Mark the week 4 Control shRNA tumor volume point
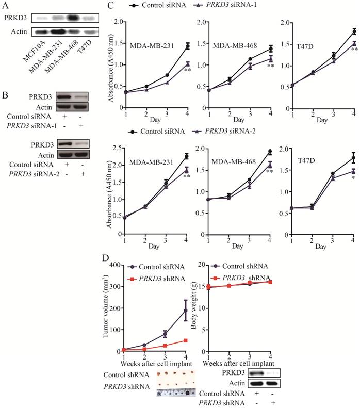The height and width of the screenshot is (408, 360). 185,311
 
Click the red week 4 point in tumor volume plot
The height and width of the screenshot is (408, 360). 185,340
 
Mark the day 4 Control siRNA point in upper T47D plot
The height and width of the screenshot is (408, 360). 354,31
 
